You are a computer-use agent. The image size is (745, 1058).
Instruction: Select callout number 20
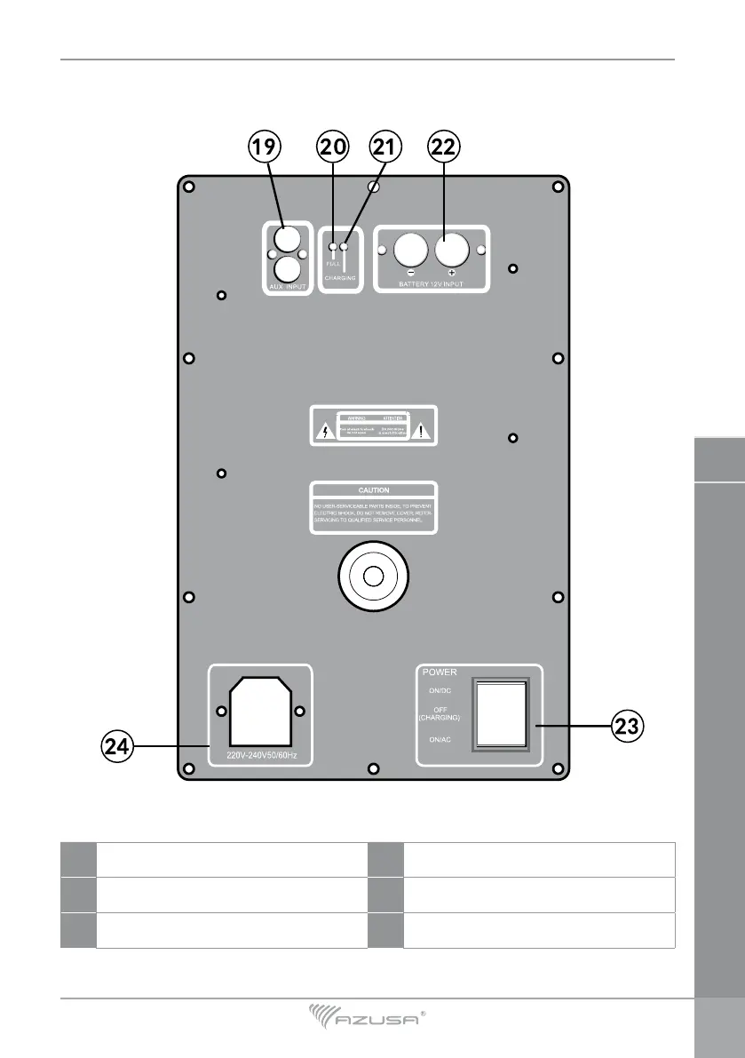pos(334,148)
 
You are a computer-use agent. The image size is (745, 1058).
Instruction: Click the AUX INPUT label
pos(287,287)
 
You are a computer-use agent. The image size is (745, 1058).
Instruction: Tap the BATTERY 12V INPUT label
pos(431,285)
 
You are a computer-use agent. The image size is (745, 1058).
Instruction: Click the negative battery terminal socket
pos(410,250)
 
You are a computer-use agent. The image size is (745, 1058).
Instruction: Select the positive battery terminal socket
pos(453,250)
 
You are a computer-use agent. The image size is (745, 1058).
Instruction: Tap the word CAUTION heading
pos(374,489)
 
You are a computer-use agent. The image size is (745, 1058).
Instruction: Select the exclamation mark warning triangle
pos(424,432)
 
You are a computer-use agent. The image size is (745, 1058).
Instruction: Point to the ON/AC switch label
pos(439,739)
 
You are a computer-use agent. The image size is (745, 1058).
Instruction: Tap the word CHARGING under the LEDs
pos(339,278)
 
